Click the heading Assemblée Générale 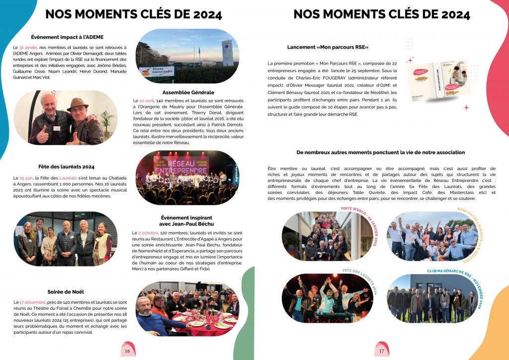tap(188, 92)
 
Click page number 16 tap(127, 351)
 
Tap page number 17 tap(382, 351)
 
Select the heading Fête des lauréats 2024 tap(66, 167)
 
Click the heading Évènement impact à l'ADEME tap(67, 37)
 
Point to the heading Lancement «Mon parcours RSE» tap(328, 47)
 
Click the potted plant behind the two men tap(106, 118)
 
